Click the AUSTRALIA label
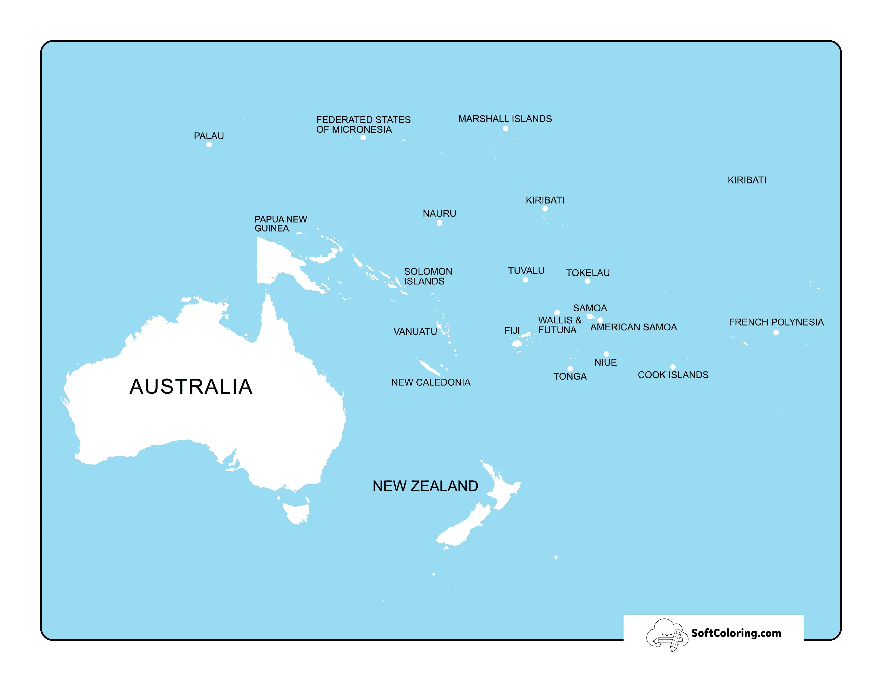point(191,386)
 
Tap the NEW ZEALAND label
point(425,486)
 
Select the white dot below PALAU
point(209,144)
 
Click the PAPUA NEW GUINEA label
point(280,224)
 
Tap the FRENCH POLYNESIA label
point(776,322)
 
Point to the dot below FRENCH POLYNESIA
point(776,332)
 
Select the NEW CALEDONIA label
point(431,382)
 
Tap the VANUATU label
point(415,332)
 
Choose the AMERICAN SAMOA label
point(633,327)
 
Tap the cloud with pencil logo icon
point(666,635)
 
